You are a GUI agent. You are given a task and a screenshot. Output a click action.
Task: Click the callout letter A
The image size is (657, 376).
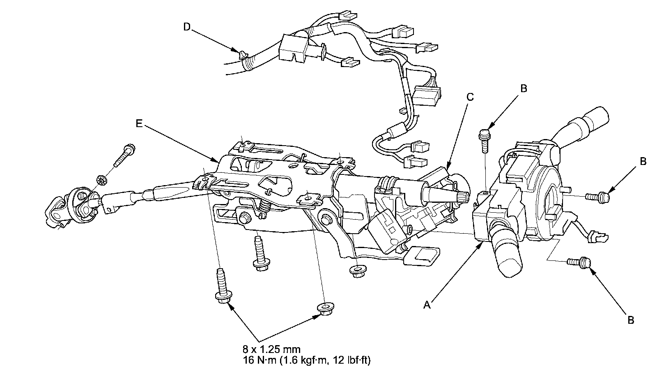click(x=427, y=304)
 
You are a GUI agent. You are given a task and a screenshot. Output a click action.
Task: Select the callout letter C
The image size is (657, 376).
click(x=470, y=97)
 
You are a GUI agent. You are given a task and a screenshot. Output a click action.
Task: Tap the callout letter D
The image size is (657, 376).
click(x=187, y=27)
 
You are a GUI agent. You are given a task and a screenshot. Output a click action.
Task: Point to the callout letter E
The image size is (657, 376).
click(x=139, y=123)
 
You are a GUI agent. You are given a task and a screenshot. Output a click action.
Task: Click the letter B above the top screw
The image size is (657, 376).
click(x=523, y=88)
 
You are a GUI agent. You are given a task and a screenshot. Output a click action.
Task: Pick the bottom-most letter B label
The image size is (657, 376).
click(x=631, y=320)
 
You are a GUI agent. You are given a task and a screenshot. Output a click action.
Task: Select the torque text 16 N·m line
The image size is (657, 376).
click(x=306, y=361)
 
